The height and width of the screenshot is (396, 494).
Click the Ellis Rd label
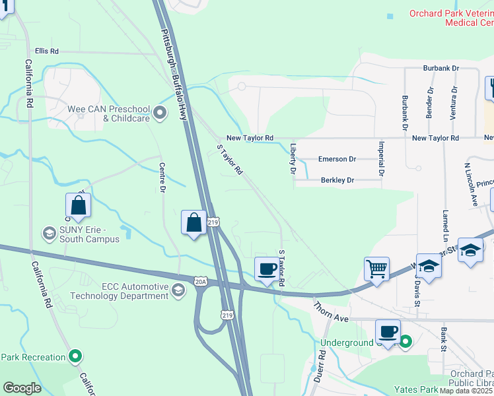tap(47, 51)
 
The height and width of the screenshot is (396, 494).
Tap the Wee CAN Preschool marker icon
tap(160, 114)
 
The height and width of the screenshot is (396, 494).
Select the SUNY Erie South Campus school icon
tap(49, 234)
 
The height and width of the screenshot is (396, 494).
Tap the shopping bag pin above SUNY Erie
tap(78, 206)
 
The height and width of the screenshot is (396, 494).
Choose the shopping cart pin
tap(376, 269)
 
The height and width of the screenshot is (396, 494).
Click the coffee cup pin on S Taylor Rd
tap(267, 269)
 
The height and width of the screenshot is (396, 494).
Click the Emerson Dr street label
tap(337, 159)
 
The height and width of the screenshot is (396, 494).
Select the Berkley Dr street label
tap(337, 180)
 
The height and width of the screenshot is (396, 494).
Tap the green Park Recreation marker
tap(76, 357)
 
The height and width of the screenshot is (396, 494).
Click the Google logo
tap(22, 388)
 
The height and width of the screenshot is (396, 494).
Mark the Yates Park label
tap(416, 389)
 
